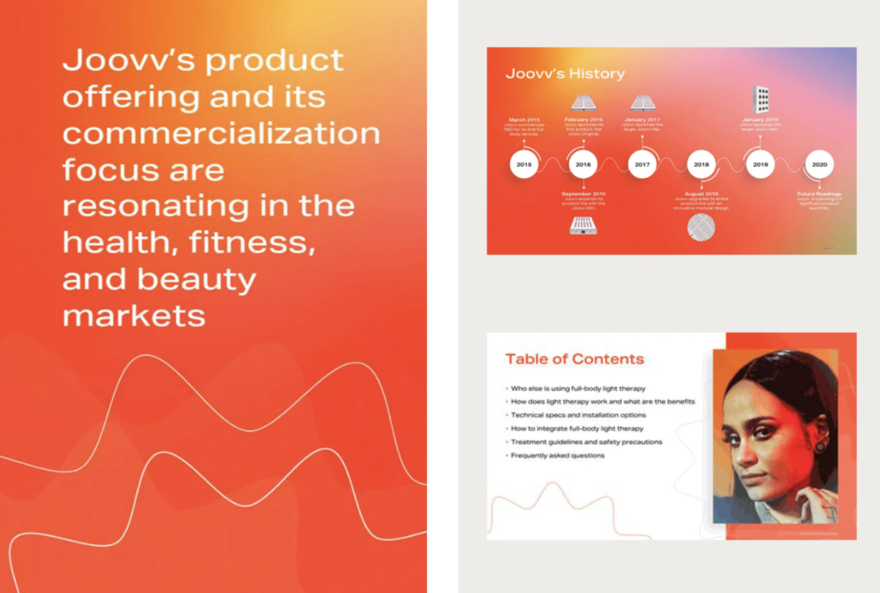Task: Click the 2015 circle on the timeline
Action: (524, 163)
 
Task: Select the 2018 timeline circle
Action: (701, 163)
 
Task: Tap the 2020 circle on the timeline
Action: (819, 163)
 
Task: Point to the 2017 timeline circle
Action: (642, 163)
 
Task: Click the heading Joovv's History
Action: (565, 74)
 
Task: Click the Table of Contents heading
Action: (574, 359)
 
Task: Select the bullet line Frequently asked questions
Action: (557, 455)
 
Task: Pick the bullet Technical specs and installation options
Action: (577, 415)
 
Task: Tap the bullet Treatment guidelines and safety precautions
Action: (586, 442)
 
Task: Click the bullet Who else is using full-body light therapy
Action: (577, 388)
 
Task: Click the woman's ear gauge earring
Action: (820, 446)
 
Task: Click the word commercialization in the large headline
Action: (221, 133)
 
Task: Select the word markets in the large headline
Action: (134, 315)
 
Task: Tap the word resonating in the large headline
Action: (153, 206)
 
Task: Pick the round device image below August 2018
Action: (701, 227)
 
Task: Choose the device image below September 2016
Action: (584, 225)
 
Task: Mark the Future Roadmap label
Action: (818, 194)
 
